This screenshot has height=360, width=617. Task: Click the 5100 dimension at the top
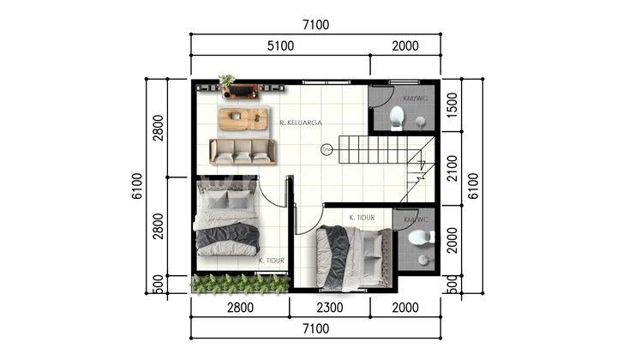pos(280,46)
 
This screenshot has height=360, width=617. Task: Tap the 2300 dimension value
pos(330,307)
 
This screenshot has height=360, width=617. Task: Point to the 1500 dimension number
pos(452,105)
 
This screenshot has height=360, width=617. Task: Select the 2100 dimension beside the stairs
pos(452,168)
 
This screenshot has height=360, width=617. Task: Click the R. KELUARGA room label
pos(301,123)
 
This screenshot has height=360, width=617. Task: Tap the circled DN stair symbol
pos(326,149)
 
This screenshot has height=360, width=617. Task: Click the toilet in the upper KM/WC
pos(396,117)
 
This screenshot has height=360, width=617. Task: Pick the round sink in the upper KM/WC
pos(421,121)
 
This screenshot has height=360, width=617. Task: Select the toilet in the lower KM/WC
pos(421,237)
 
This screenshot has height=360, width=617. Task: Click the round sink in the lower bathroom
pos(423,260)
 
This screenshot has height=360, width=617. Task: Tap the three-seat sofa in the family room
pos(243,152)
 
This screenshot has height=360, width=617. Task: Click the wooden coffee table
pos(243,120)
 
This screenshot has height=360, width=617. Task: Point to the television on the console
pos(243,91)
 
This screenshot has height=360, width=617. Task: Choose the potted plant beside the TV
pos(226,81)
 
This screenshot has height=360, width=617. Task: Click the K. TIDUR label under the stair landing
pos(362,218)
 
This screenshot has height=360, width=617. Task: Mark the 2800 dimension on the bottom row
pos(240,307)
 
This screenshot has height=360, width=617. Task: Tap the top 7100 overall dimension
pos(315,25)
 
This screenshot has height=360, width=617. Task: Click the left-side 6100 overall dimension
pos(137,186)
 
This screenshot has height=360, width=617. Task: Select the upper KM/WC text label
pos(415,98)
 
